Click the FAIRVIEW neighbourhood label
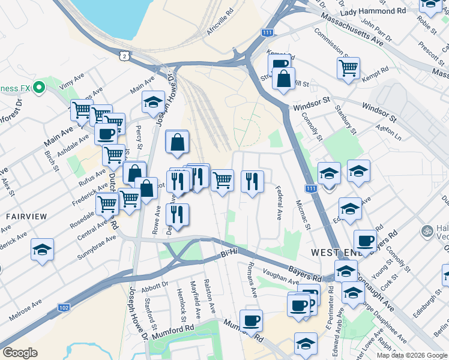pos(23,215)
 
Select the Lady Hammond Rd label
pos(373,11)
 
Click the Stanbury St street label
pos(346,121)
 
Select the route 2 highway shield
pos(124,55)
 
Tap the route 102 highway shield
pos(64,307)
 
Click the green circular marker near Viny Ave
pos(40,88)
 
